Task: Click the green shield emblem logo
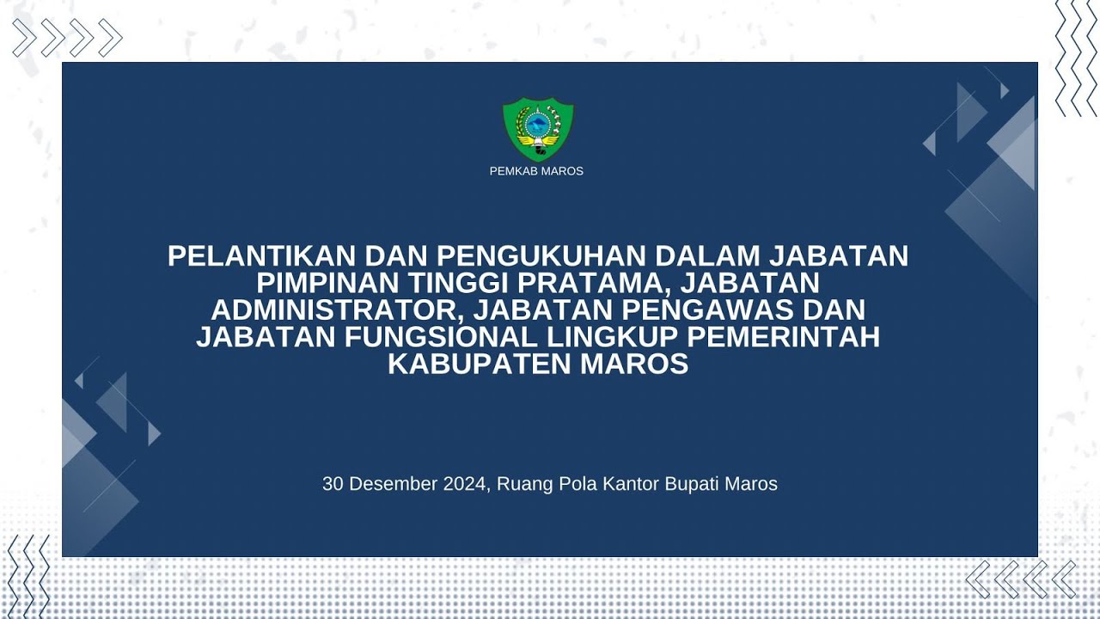click(x=537, y=129)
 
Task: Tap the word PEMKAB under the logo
click(x=512, y=171)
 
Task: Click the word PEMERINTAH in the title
click(x=785, y=337)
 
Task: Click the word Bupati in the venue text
click(x=693, y=484)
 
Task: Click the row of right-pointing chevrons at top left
click(x=67, y=38)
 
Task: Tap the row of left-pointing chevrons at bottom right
click(x=1021, y=579)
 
